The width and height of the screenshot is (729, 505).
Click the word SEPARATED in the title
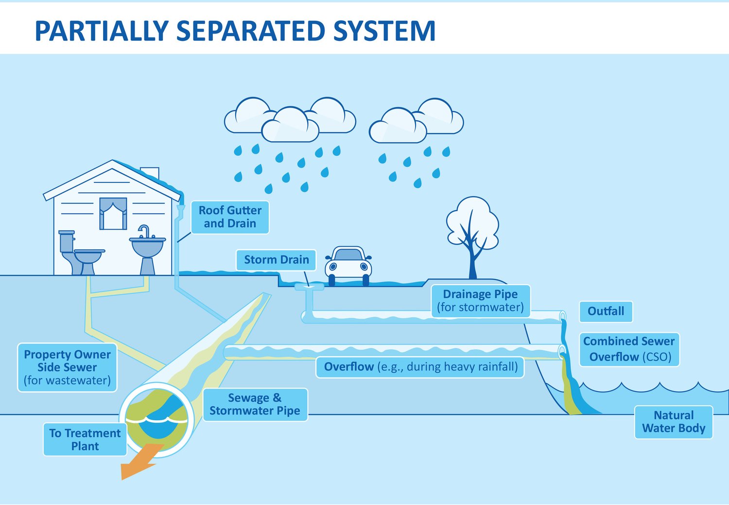(x=250, y=31)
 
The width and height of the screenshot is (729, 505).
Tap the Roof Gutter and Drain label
(x=230, y=217)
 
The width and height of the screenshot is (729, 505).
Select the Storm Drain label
(x=276, y=260)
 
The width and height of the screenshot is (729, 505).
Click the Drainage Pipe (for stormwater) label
(x=480, y=301)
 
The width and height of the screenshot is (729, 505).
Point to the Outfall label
(x=606, y=311)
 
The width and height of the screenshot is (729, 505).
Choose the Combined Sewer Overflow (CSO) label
(x=629, y=349)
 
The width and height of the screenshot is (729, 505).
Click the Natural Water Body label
(x=673, y=422)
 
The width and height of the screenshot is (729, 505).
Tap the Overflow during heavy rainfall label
(x=420, y=367)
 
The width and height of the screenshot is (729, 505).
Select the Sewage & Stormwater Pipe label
(x=255, y=404)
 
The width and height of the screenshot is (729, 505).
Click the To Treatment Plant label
(x=85, y=439)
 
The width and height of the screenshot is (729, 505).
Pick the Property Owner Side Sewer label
(x=68, y=367)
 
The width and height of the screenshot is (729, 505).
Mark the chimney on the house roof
(x=150, y=173)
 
